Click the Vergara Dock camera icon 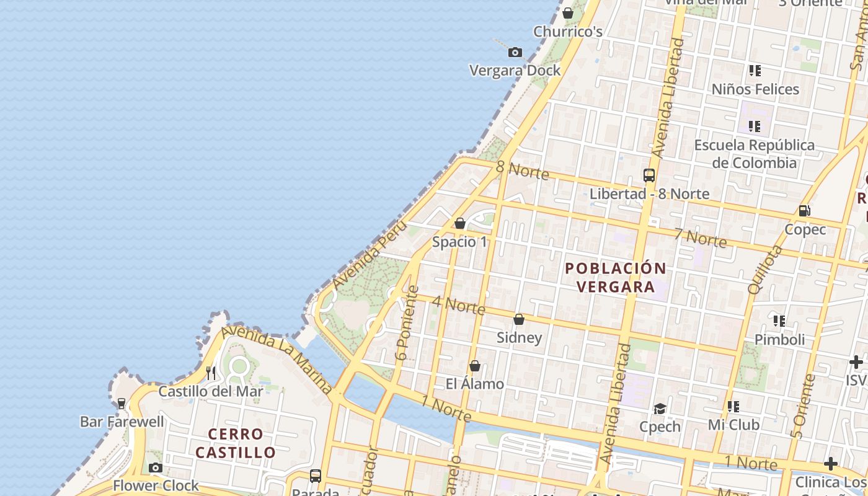pyautogui.click(x=515, y=53)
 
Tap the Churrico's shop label pyautogui.click(x=568, y=32)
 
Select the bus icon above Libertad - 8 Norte pyautogui.click(x=649, y=175)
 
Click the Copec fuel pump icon pyautogui.click(x=805, y=211)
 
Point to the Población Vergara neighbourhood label pyautogui.click(x=616, y=277)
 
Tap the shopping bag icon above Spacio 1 pyautogui.click(x=460, y=223)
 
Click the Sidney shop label pyautogui.click(x=520, y=338)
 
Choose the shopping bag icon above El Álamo pyautogui.click(x=475, y=366)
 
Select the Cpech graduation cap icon pyautogui.click(x=660, y=409)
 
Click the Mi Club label pyautogui.click(x=733, y=425)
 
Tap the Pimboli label pyautogui.click(x=779, y=340)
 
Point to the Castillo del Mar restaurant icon pyautogui.click(x=211, y=373)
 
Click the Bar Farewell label pyautogui.click(x=122, y=422)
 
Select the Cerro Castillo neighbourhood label pyautogui.click(x=236, y=443)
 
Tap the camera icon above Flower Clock pyautogui.click(x=156, y=467)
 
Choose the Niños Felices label pyautogui.click(x=755, y=89)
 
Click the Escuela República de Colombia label pyautogui.click(x=755, y=154)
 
